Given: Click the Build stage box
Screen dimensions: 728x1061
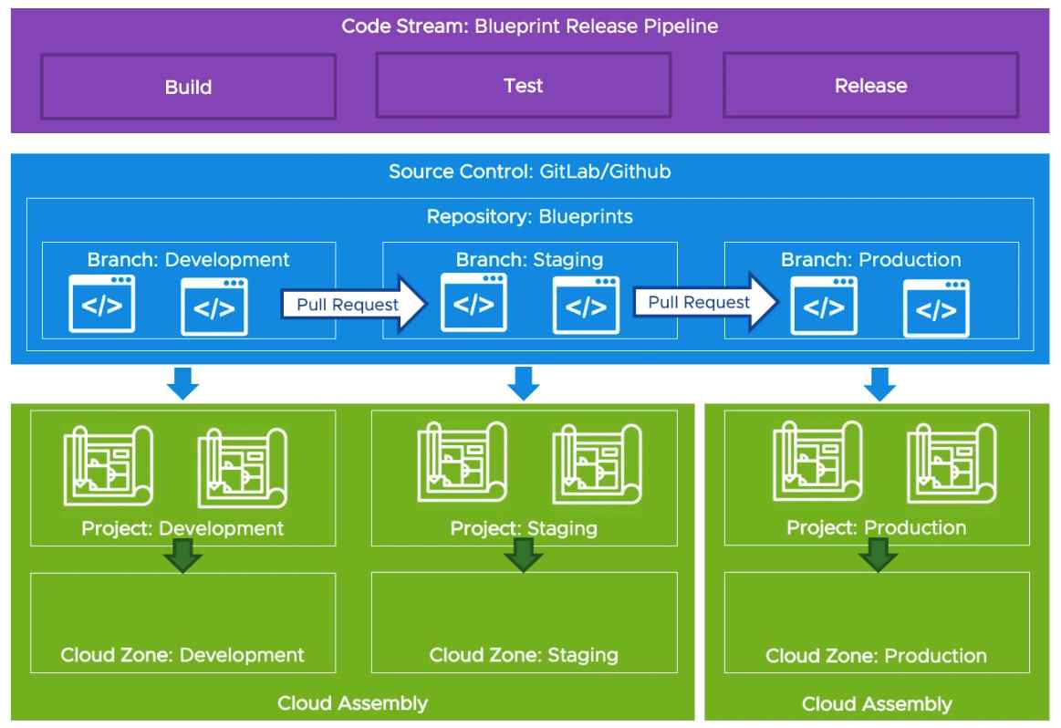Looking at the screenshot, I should point(188,87).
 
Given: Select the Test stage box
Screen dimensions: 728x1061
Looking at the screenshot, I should point(523,86).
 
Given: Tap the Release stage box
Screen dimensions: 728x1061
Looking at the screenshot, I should point(870,86).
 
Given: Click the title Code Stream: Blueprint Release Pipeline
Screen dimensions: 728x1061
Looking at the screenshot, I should point(529,26).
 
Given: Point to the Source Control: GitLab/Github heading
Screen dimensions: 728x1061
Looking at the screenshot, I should point(529,172).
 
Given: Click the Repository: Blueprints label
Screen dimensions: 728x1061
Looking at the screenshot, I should point(529,218).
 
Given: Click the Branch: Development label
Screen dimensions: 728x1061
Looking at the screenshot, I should point(188,259).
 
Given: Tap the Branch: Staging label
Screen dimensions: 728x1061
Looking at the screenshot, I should point(529,259).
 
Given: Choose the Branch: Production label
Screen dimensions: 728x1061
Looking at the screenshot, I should point(870,259).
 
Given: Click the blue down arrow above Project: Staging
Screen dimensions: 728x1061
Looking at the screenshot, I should point(524,383).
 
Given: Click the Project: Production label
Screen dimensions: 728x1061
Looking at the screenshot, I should point(877,528).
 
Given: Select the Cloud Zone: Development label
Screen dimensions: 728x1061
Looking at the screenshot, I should point(182,655).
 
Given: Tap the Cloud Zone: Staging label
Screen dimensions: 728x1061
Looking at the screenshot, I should point(524,655).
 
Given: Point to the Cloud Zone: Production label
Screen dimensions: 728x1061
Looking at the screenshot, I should point(876,656).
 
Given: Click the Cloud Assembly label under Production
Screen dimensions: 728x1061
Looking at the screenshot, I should point(877,703).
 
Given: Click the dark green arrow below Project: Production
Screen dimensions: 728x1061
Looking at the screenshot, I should point(878,555).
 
